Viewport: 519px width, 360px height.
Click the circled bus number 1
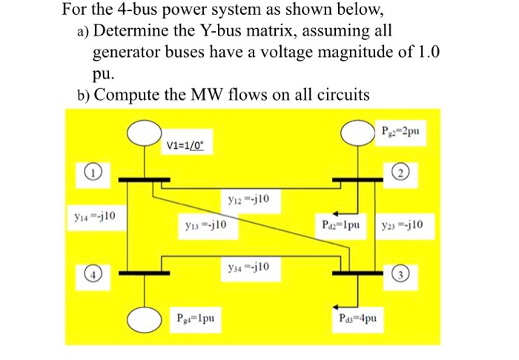[x=88, y=173]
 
